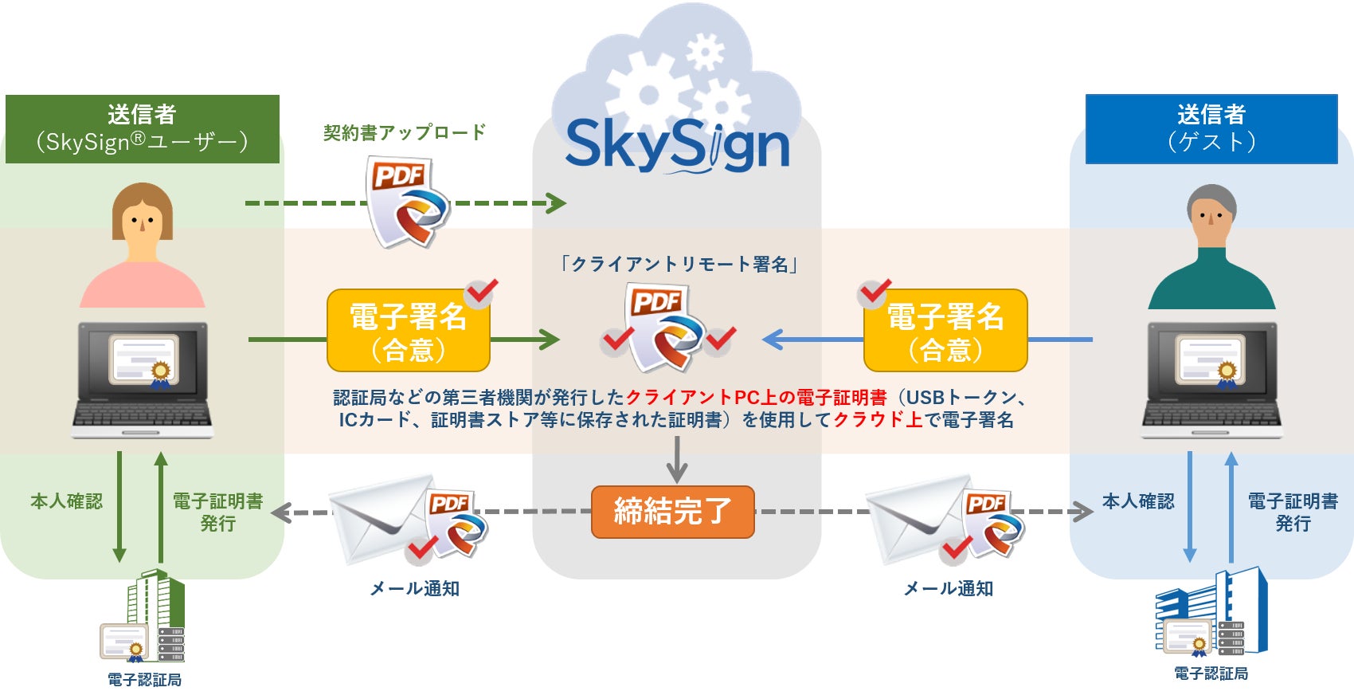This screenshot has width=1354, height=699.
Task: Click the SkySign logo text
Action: (x=677, y=145)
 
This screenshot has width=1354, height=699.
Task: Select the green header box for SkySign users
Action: (x=143, y=129)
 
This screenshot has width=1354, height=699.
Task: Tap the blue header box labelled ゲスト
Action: (x=1211, y=129)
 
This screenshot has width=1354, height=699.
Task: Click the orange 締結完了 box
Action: (x=672, y=512)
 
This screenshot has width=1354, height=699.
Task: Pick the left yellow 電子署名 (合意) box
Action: (x=408, y=331)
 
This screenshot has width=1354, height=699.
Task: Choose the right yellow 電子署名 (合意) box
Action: (x=945, y=331)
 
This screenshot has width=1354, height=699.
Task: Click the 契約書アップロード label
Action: (x=405, y=132)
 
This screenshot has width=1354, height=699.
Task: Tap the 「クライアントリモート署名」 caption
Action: (x=679, y=264)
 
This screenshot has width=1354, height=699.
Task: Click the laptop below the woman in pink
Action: (x=143, y=379)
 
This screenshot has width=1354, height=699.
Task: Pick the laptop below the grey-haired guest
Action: (x=1211, y=379)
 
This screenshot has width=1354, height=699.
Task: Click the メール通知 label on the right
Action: (x=948, y=588)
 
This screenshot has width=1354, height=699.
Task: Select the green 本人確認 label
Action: (x=67, y=501)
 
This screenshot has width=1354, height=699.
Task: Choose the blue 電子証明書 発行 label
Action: (x=1292, y=512)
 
